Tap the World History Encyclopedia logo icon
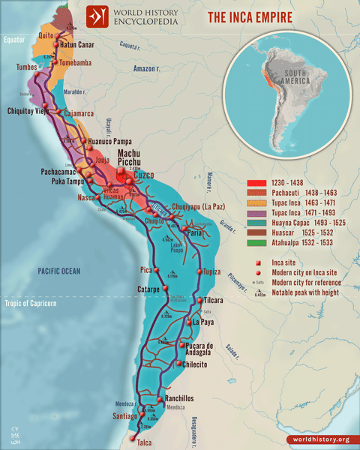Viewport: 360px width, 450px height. click(95, 16)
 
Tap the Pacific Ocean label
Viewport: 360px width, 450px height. click(50, 268)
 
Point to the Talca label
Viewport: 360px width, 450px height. click(145, 442)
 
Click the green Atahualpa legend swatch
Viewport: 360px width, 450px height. click(253, 242)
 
